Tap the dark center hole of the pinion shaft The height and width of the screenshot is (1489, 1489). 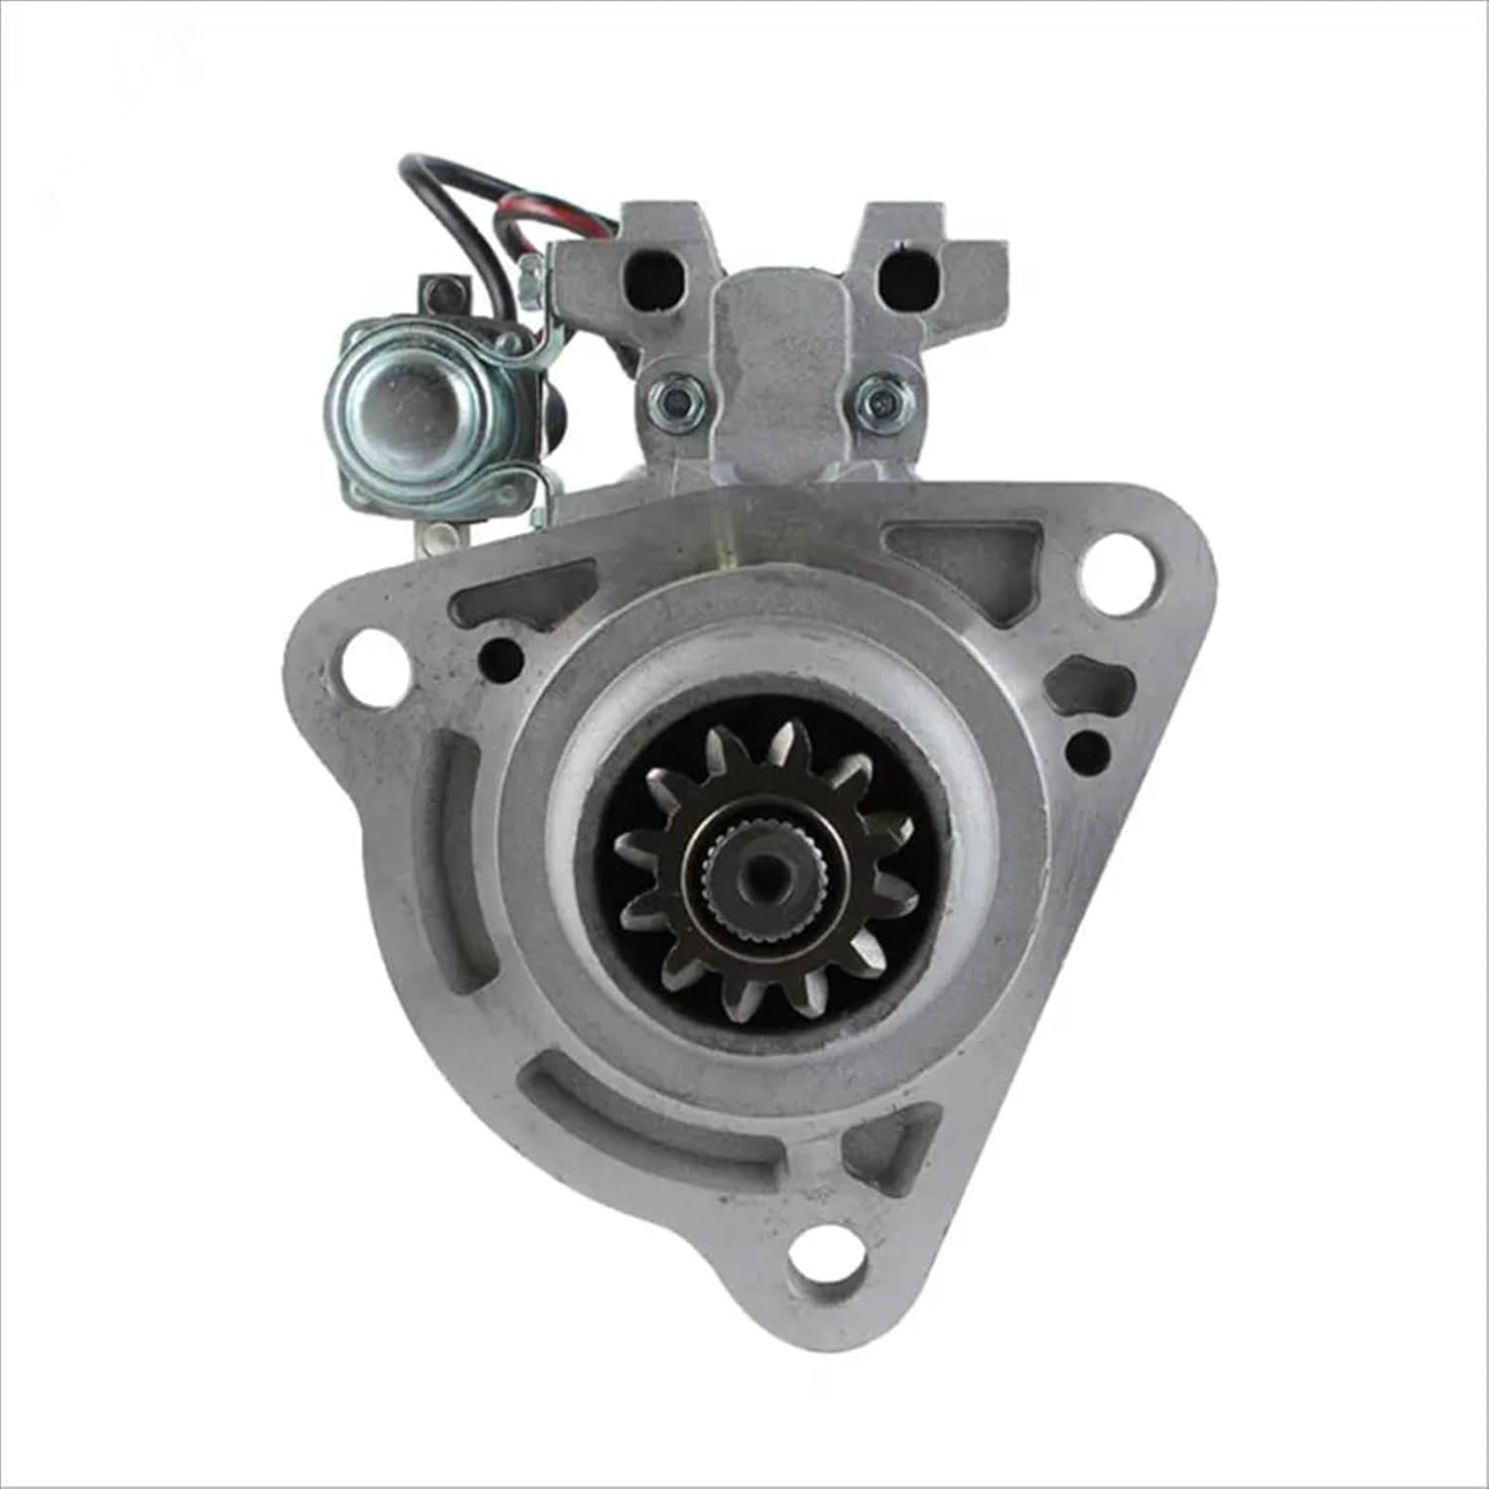(x=764, y=871)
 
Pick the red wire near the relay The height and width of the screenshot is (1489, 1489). (x=566, y=213)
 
